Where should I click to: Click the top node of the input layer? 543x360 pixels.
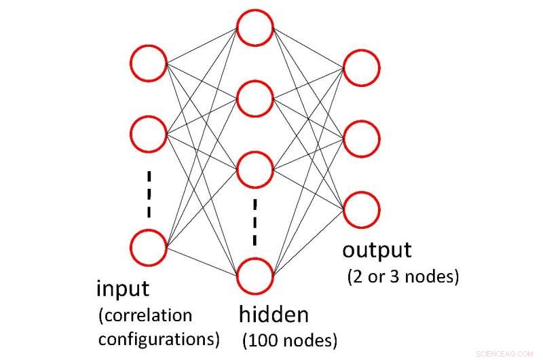coord(148,65)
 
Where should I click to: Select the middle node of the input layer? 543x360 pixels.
coord(148,134)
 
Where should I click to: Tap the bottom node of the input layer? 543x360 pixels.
coord(148,247)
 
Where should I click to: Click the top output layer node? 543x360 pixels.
coord(361,68)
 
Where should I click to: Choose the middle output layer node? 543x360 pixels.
coord(361,139)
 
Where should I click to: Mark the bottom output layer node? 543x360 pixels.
coord(361,210)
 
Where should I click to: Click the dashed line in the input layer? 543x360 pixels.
coord(149,194)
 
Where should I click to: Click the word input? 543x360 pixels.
coord(122,289)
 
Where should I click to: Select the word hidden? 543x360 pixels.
coord(274,314)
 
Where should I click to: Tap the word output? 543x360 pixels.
coord(377,250)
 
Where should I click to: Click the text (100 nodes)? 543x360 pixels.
coord(289,338)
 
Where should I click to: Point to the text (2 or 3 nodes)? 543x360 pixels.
coord(402,277)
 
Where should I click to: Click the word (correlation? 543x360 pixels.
coord(145,315)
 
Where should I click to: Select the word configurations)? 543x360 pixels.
coord(159,338)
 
